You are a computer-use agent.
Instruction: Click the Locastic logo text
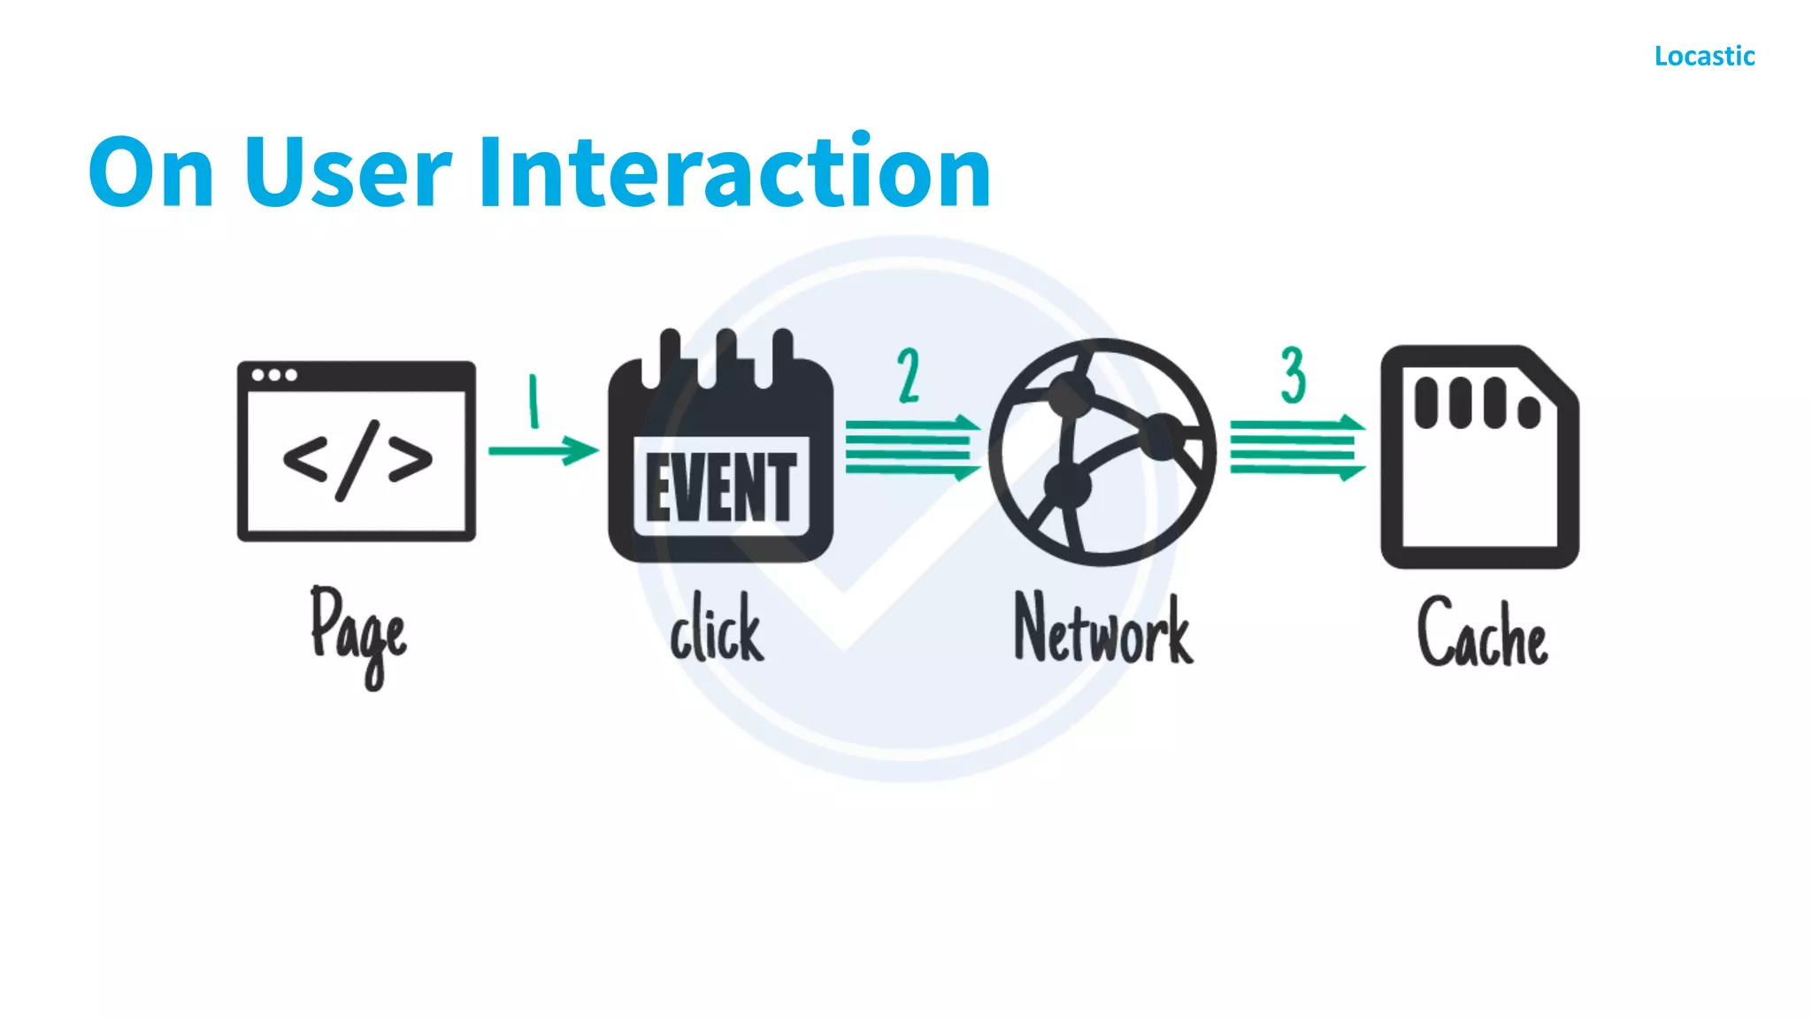tap(1704, 57)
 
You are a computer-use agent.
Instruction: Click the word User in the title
tap(347, 172)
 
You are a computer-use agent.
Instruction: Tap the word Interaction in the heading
tap(734, 172)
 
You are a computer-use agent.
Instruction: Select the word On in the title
tap(151, 172)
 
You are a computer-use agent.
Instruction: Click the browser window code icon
tap(356, 451)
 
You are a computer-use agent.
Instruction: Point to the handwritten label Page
tap(358, 632)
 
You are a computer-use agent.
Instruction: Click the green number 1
tap(534, 401)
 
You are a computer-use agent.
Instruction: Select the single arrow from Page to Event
tap(542, 450)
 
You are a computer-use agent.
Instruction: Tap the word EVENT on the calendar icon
tap(721, 487)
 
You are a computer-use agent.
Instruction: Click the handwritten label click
tap(717, 628)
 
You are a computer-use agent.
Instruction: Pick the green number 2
tap(909, 376)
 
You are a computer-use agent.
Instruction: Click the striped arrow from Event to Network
tap(911, 448)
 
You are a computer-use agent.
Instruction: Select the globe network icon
tap(1102, 452)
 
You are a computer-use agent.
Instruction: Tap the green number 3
tap(1293, 376)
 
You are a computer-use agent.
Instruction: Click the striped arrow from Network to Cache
tap(1296, 448)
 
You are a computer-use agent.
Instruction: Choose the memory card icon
tap(1479, 456)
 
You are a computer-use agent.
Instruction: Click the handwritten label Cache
tap(1482, 632)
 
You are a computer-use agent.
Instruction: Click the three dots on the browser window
tap(273, 375)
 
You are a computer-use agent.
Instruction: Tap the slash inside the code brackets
tap(357, 460)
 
